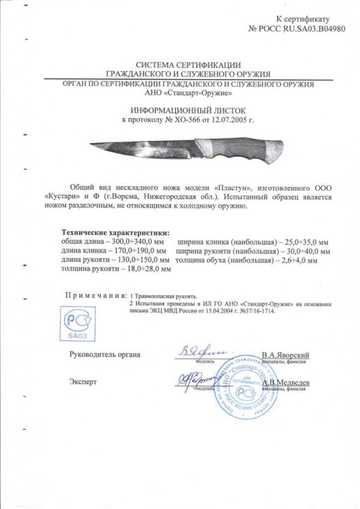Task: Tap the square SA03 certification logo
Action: (74, 323)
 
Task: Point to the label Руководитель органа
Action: (104, 354)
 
